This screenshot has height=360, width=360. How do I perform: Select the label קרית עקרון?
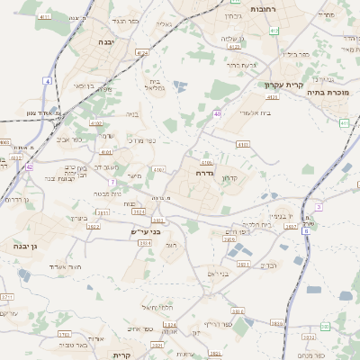(x=282, y=85)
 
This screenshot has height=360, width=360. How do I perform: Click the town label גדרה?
(x=204, y=171)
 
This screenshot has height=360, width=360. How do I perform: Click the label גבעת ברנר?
(x=241, y=64)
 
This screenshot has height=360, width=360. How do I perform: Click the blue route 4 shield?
(x=47, y=81)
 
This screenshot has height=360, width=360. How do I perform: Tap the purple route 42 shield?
(x=30, y=166)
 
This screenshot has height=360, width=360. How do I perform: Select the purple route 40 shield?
(x=218, y=113)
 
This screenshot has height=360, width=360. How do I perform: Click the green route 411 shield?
(x=344, y=121)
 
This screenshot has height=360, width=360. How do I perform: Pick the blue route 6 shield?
(x=306, y=231)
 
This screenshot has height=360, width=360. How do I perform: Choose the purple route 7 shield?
(x=112, y=183)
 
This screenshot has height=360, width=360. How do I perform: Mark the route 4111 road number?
(x=45, y=17)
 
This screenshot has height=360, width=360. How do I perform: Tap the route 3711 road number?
(x=7, y=295)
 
